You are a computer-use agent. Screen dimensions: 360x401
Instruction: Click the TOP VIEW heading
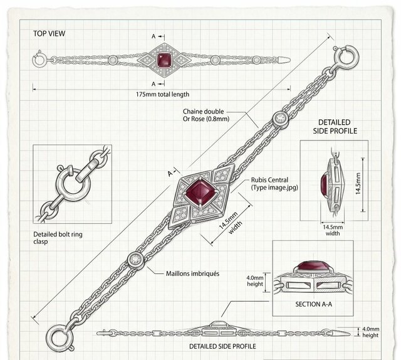point(49,33)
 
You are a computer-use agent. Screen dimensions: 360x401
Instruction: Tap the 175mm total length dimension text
point(163,94)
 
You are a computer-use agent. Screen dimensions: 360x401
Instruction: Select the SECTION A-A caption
point(314,304)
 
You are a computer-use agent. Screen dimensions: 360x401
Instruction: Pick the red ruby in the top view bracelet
point(164,61)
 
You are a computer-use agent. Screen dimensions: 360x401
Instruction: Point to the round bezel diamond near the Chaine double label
point(280,118)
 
